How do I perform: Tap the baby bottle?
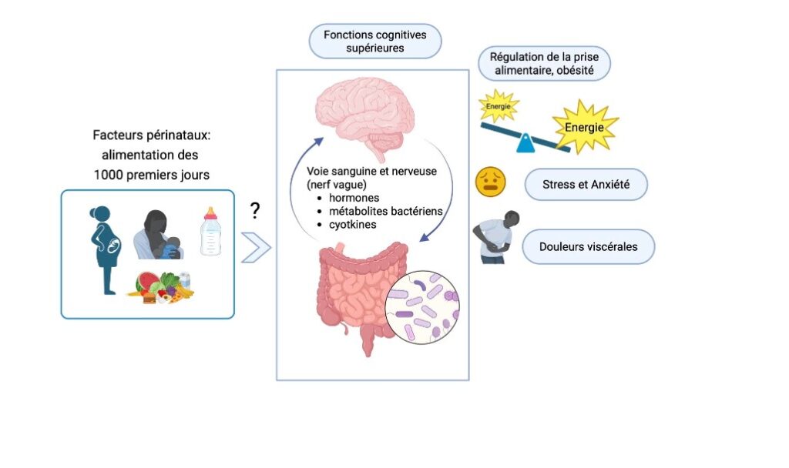pyautogui.click(x=211, y=231)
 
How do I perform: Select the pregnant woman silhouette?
pyautogui.click(x=106, y=246)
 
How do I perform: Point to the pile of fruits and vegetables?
pyautogui.click(x=159, y=288)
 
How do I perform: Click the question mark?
pyautogui.click(x=255, y=211)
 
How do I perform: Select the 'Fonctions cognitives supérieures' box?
pyautogui.click(x=375, y=41)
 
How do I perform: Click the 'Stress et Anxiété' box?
pyautogui.click(x=585, y=185)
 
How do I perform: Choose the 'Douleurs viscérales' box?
pyautogui.click(x=588, y=247)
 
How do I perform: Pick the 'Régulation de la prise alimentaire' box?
pyautogui.click(x=544, y=63)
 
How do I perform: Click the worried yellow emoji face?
pyautogui.click(x=490, y=183)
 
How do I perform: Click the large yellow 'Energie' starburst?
pyautogui.click(x=585, y=126)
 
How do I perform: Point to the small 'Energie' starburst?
pyautogui.click(x=498, y=105)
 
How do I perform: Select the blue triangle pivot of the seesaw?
pyautogui.click(x=525, y=144)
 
